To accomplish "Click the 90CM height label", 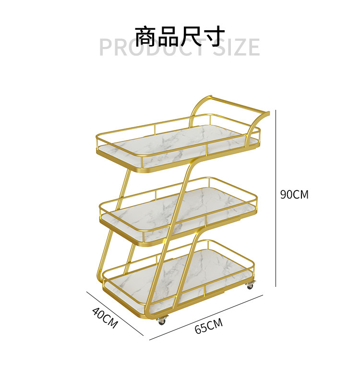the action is (294, 194).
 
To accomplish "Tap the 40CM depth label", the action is (105, 318).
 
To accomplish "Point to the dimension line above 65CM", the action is (206, 317).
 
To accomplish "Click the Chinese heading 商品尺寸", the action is (180, 37).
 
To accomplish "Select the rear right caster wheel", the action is (250, 286).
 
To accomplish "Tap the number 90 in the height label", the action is (287, 194).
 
